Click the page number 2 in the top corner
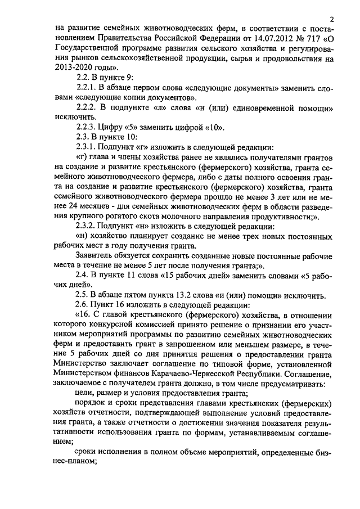tap(332, 19)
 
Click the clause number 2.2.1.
tap(86, 89)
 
